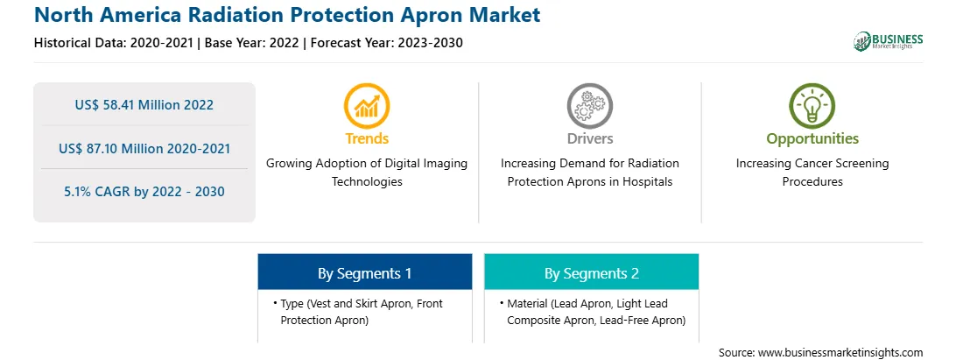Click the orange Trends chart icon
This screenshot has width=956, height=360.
tap(367, 106)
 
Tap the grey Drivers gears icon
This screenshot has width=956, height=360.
tap(589, 106)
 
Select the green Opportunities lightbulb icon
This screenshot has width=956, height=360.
tap(812, 106)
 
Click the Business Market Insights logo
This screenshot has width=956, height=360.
tap(889, 41)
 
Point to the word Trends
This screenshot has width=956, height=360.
tap(367, 138)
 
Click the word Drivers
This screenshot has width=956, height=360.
tap(589, 138)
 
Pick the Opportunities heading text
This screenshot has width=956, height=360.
tap(812, 139)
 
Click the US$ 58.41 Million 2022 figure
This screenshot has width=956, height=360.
tap(144, 105)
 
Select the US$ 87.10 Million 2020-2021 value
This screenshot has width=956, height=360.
tap(144, 148)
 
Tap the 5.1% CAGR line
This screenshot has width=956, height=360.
tap(144, 192)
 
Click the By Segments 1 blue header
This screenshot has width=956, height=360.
tap(364, 272)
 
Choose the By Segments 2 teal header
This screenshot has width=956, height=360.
tap(592, 272)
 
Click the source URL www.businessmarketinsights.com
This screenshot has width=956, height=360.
tap(840, 353)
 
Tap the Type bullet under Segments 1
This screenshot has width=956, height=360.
tap(359, 312)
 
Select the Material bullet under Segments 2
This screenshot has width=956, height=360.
tap(593, 312)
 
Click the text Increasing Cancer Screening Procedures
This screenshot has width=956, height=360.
tap(812, 173)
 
